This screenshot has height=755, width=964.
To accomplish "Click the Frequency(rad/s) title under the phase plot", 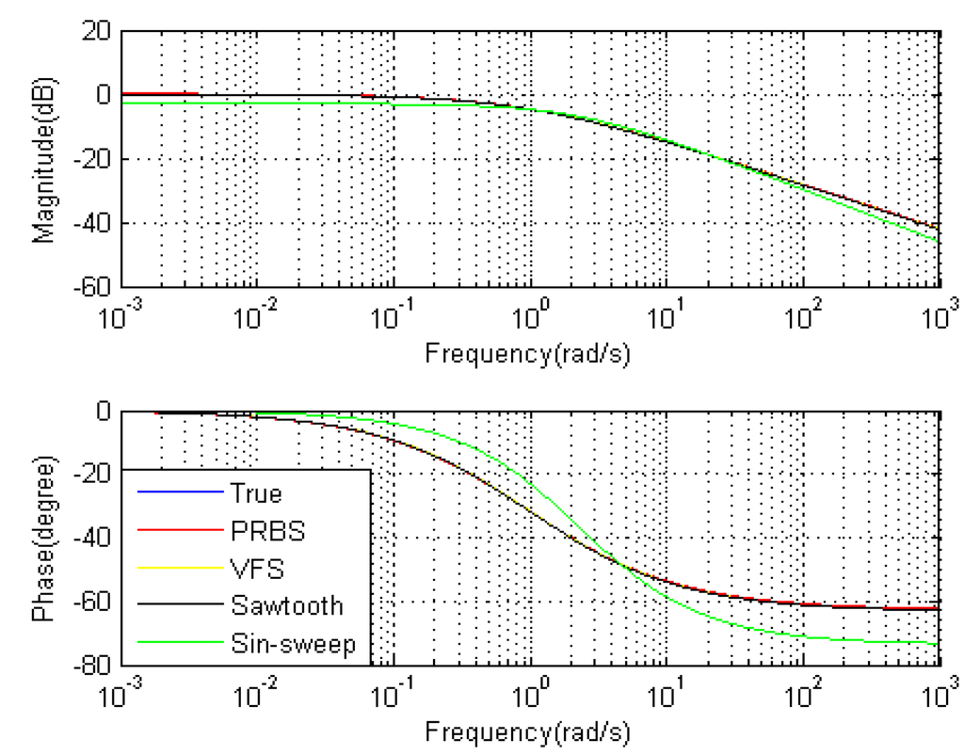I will pos(527,731).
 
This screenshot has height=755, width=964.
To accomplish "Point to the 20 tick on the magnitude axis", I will pos(97,32).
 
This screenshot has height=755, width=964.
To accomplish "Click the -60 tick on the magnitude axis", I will pos(92,286).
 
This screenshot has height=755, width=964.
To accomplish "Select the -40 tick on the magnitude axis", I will pos(92,223).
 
